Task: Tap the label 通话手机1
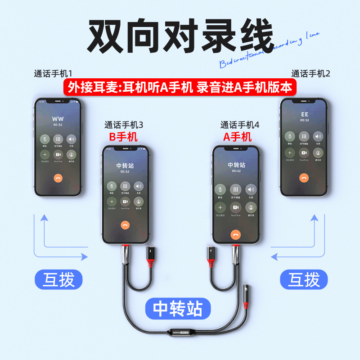(56, 73)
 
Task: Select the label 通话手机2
(310, 73)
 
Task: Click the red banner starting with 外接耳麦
(180, 87)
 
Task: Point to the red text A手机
(238, 136)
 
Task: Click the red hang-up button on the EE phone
(304, 178)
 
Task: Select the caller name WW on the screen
(58, 119)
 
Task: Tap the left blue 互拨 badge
(56, 280)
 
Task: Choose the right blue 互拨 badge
(304, 280)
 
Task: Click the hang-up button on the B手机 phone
(125, 226)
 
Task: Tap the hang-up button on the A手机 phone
(235, 234)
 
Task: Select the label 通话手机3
(123, 125)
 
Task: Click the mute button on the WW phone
(45, 139)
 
